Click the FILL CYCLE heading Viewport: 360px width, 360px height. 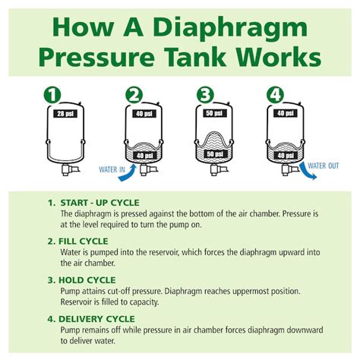pyautogui.click(x=82, y=240)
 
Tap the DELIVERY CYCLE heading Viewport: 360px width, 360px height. pyautogui.click(x=96, y=318)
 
